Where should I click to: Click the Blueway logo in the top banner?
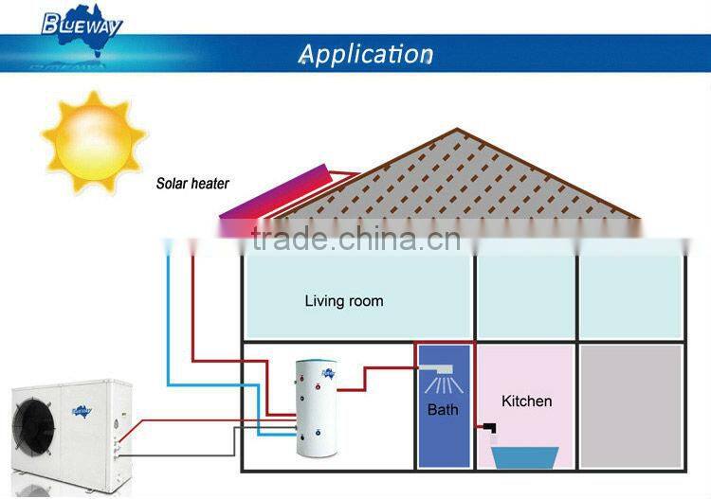point(82,23)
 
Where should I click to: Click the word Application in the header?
point(365,53)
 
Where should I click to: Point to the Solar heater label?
point(192,184)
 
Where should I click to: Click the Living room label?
point(344,301)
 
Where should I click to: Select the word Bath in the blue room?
point(443,410)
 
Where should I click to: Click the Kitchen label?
point(526,401)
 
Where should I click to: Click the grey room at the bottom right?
point(630,405)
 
